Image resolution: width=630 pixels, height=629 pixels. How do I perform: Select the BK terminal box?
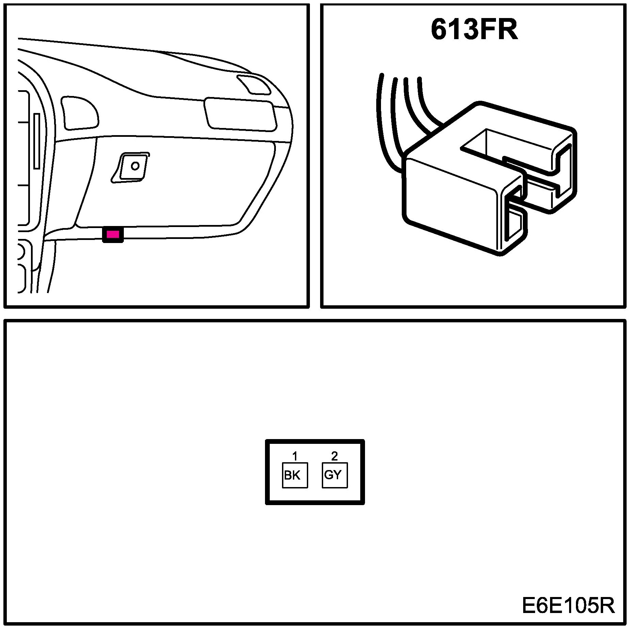click(295, 475)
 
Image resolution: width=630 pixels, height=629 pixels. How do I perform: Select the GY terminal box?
click(335, 475)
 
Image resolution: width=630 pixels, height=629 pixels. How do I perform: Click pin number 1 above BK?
click(295, 456)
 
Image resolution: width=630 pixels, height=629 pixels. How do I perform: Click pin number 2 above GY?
click(335, 456)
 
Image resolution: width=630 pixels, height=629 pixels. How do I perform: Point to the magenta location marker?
click(113, 234)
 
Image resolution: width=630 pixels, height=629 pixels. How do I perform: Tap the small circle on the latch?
click(135, 166)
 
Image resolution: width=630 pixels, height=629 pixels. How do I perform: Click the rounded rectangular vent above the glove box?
click(240, 114)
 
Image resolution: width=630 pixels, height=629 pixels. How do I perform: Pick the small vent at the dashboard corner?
click(254, 84)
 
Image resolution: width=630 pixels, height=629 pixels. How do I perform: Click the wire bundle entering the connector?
click(401, 112)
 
